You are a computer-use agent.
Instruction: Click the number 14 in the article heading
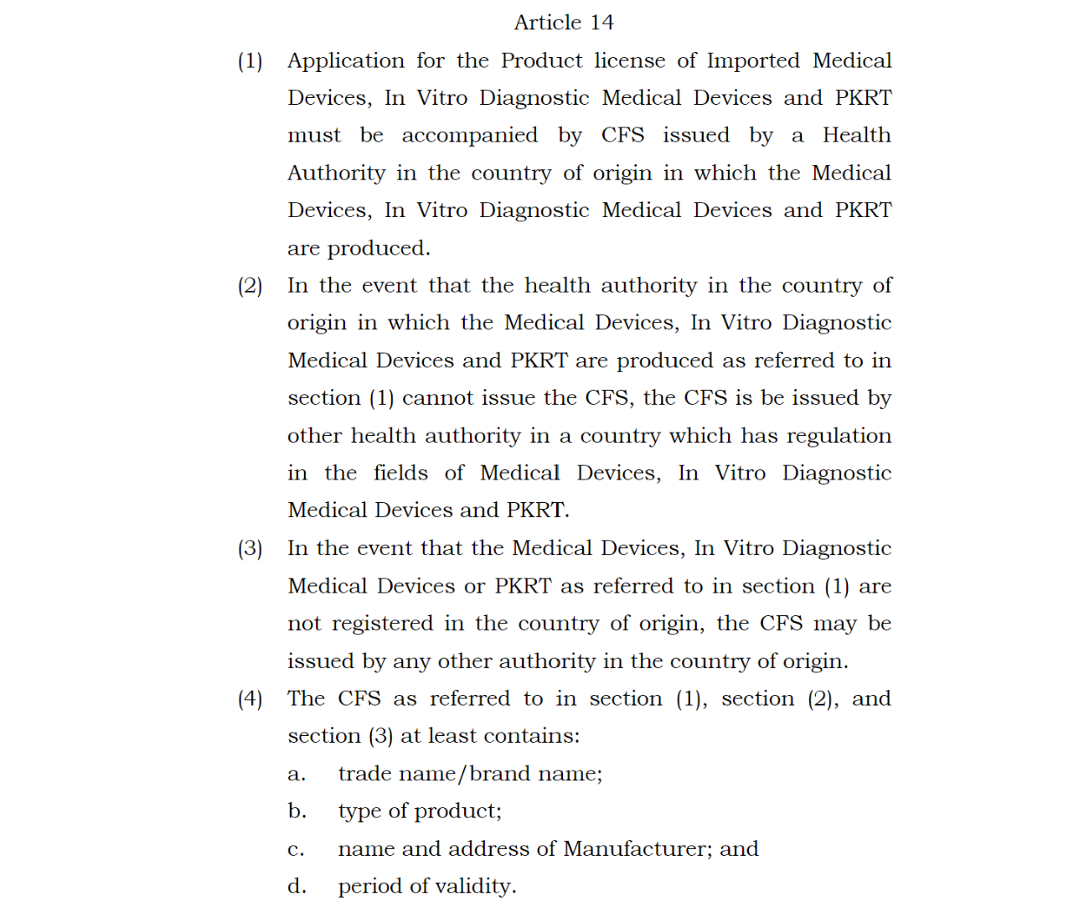[x=601, y=23]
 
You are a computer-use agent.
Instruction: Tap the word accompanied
[x=469, y=136]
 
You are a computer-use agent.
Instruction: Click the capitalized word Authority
[x=336, y=174]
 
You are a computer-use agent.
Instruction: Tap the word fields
[x=400, y=474]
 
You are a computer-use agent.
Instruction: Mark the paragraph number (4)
[x=250, y=699]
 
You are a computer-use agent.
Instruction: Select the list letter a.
[x=296, y=775]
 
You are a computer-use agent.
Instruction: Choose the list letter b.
[x=297, y=811]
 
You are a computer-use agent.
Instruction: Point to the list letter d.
[x=297, y=886]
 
